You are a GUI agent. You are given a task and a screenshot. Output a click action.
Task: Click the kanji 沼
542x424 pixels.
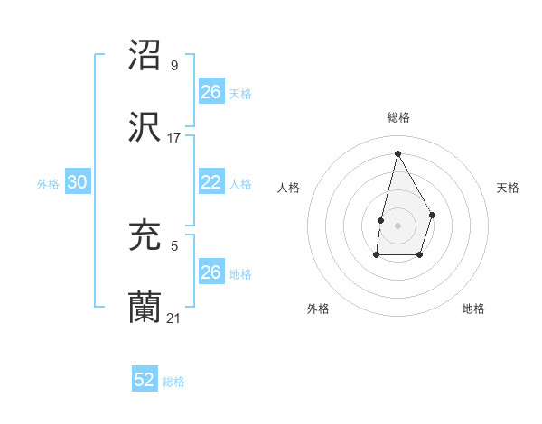pyautogui.click(x=145, y=55)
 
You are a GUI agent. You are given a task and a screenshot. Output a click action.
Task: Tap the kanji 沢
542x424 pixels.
pyautogui.click(x=145, y=125)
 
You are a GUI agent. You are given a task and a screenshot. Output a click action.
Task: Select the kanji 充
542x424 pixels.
pyautogui.click(x=145, y=235)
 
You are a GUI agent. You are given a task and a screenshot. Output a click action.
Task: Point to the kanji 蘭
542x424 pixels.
pyautogui.click(x=145, y=306)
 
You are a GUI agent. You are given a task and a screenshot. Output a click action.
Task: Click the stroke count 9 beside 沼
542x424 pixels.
pyautogui.click(x=173, y=66)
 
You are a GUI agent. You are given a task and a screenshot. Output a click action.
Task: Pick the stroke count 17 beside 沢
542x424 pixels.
pyautogui.click(x=174, y=138)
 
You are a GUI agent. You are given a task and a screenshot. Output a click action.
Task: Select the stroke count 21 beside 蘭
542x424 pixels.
pyautogui.click(x=174, y=318)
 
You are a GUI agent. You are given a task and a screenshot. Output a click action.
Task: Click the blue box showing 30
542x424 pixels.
pyautogui.click(x=78, y=182)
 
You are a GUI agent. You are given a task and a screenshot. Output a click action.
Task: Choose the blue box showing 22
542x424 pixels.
pyautogui.click(x=210, y=182)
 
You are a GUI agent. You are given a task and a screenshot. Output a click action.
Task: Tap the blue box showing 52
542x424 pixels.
pyautogui.click(x=145, y=380)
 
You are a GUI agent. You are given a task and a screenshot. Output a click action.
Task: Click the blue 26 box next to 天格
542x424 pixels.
pyautogui.click(x=210, y=91)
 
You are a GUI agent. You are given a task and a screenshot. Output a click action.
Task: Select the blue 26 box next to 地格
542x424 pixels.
pyautogui.click(x=210, y=272)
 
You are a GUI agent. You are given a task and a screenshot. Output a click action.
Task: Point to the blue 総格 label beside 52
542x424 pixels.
pyautogui.click(x=173, y=382)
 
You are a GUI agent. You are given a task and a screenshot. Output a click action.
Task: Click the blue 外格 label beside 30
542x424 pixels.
pyautogui.click(x=48, y=184)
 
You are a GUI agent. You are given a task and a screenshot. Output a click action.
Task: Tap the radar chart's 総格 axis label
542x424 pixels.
pyautogui.click(x=397, y=117)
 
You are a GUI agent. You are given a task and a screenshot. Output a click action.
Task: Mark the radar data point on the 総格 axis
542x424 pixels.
pyautogui.click(x=397, y=152)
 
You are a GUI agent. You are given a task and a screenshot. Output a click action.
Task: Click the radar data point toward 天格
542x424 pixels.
pyautogui.click(x=433, y=215)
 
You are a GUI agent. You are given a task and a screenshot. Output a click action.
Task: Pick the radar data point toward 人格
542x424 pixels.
pyautogui.click(x=381, y=219)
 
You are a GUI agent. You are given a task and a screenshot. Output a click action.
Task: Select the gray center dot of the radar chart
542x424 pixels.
pyautogui.click(x=397, y=225)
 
